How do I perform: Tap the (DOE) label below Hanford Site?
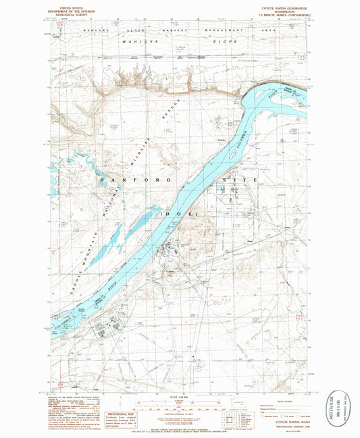pos(179,213)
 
